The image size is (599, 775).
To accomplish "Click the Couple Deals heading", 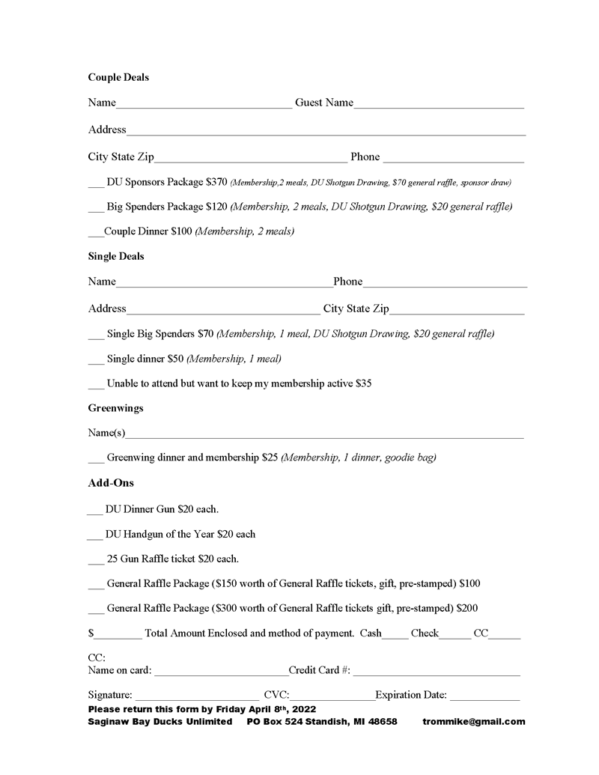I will click(x=118, y=77).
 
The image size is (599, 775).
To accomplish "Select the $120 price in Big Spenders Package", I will click(x=216, y=206).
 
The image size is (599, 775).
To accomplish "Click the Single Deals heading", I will click(x=116, y=256).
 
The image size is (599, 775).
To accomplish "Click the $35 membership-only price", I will click(x=364, y=383).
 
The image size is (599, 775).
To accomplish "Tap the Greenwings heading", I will click(x=116, y=408).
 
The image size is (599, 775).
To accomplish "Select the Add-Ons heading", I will click(x=111, y=483).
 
